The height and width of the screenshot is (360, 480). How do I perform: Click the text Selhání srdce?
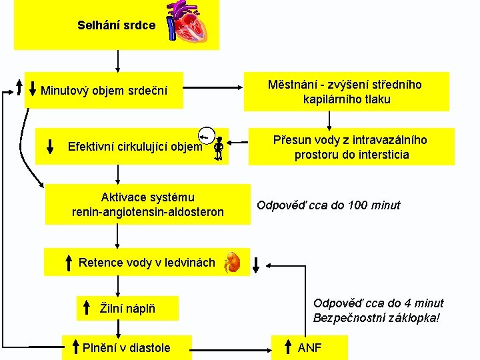point(116,25)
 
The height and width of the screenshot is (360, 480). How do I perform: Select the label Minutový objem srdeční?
point(104,90)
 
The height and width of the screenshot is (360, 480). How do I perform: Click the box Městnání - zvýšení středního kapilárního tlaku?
point(346,92)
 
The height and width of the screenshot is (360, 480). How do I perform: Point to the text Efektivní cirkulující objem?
point(135,147)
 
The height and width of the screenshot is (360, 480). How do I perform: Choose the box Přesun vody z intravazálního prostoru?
point(351,147)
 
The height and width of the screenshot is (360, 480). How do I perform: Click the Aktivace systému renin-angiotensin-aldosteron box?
point(147,205)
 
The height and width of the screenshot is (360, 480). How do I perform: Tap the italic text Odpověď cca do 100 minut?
point(329,205)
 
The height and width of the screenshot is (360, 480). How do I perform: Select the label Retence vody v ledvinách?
point(147,262)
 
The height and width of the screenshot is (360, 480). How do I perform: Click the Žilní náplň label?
point(128,308)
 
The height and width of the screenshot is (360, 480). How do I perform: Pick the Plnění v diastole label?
point(126,347)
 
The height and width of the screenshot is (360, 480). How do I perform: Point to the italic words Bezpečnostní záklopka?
point(377,317)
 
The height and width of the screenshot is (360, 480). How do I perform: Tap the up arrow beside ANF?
point(286,347)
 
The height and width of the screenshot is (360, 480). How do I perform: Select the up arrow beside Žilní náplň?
point(87,308)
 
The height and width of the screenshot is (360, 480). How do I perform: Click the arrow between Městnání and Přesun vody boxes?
point(329,119)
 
